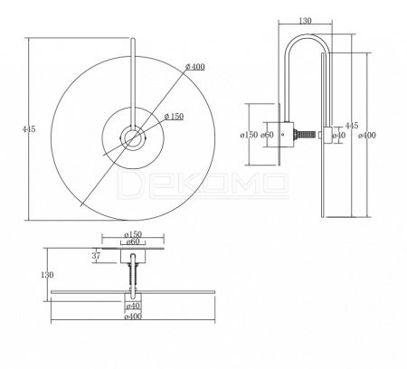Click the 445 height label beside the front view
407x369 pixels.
click(x=29, y=129)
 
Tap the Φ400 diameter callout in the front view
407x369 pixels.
click(x=195, y=67)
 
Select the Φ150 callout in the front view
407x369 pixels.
click(x=174, y=117)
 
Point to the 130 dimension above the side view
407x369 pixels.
click(x=305, y=21)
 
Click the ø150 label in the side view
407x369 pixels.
click(x=249, y=135)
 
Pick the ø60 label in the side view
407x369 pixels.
click(x=267, y=135)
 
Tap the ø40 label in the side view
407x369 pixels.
click(x=339, y=136)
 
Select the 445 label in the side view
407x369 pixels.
click(x=352, y=126)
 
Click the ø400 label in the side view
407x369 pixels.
click(x=367, y=136)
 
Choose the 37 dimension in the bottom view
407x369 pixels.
click(x=96, y=256)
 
